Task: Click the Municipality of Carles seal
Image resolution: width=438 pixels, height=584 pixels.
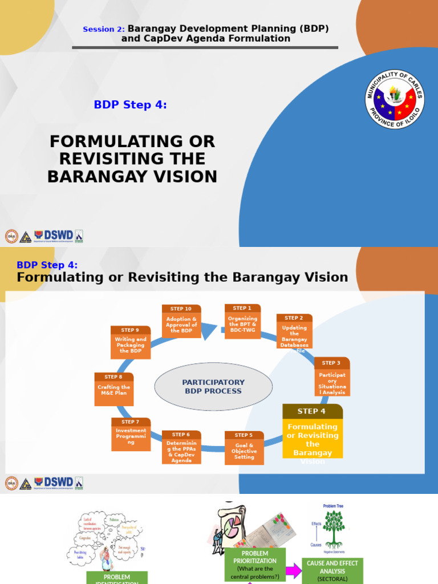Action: click(394, 100)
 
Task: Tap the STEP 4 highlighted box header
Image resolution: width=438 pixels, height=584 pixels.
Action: click(312, 411)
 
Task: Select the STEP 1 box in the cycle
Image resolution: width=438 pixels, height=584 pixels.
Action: click(242, 321)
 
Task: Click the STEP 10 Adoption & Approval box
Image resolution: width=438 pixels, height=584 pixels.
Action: click(181, 321)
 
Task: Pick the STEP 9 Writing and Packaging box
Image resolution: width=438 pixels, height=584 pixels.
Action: click(131, 342)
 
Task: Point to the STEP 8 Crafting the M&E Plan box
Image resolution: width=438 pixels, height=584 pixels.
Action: click(113, 389)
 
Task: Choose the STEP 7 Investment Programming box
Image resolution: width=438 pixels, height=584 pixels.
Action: click(131, 434)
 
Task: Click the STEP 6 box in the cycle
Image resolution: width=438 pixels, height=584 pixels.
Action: click(181, 447)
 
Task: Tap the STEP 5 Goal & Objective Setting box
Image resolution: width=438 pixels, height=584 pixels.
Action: click(244, 448)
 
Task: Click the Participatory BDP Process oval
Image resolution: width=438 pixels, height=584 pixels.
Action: click(213, 387)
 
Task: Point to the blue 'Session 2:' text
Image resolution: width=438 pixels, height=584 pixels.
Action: click(104, 29)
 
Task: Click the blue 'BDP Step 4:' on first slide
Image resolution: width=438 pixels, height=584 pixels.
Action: click(130, 104)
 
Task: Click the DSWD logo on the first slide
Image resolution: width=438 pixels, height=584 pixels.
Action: click(54, 236)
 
